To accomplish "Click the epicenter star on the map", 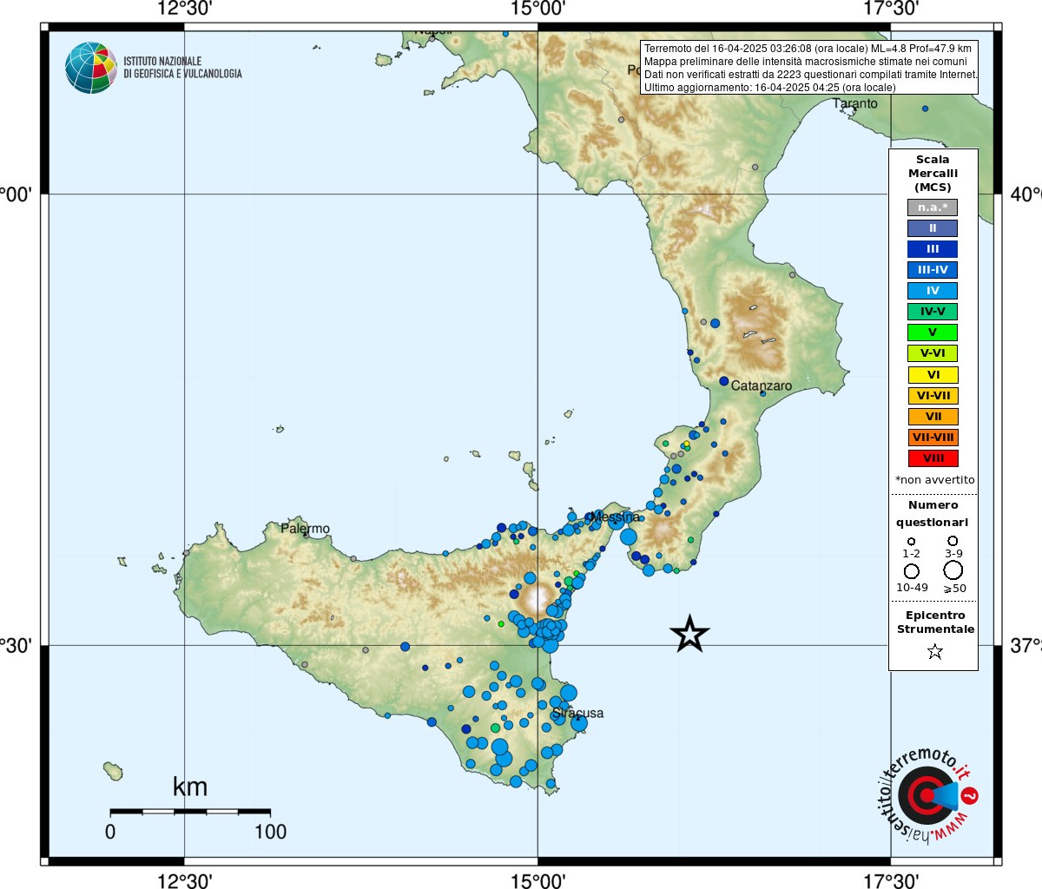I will pos(689,634).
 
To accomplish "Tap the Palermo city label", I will pos(305,528).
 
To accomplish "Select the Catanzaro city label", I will pos(762,385).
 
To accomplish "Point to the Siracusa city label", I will pos(578,713).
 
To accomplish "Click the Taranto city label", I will pos(855,103).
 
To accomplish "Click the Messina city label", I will pos(615,517).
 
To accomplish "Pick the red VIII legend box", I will pos(933,458).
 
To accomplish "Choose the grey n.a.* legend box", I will pos(933,207).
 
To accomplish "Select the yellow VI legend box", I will pos(933,375).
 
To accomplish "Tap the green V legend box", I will pos(933,333).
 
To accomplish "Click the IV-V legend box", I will pos(933,312).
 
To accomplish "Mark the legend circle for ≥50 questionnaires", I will pos(953,570).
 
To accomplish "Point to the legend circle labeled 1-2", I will pos(911,541).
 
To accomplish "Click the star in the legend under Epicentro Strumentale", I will pos(934,651).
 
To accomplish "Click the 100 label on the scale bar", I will pos(270,832).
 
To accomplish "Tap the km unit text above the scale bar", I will pos(190,787).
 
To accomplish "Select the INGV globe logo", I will pos(90,68).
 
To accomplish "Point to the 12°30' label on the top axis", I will pos(185,10).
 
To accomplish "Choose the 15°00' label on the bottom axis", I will pos(538,881).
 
